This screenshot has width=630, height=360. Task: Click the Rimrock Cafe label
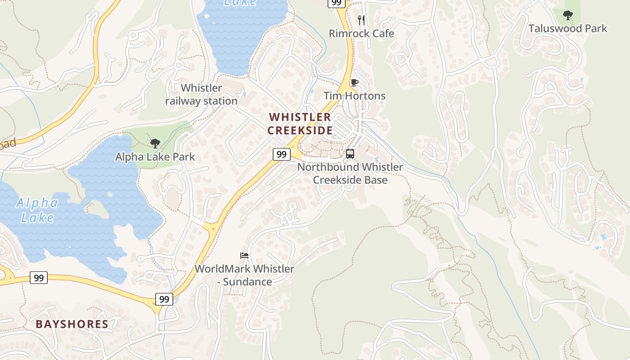(361, 34)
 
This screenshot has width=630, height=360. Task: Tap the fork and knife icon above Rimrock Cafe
(361, 20)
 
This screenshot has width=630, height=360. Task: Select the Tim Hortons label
(355, 96)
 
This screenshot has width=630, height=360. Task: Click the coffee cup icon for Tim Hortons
(354, 82)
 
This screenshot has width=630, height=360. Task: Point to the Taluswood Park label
(567, 29)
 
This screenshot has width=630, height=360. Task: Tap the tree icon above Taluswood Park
(568, 15)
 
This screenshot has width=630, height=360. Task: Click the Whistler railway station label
(201, 94)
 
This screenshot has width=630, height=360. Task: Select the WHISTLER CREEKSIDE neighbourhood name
(300, 124)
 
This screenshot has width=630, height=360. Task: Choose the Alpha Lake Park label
(155, 157)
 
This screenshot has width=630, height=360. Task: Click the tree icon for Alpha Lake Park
(155, 144)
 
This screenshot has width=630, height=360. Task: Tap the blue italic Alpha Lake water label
(37, 210)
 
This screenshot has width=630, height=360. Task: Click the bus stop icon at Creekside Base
(350, 154)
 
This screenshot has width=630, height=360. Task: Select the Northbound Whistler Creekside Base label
(350, 173)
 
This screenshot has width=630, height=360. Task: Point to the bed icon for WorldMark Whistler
(244, 256)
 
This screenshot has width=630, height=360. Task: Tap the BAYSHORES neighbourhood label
(72, 324)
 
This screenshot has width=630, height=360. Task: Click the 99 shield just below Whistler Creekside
(281, 154)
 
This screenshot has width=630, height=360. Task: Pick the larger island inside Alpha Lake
(96, 208)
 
